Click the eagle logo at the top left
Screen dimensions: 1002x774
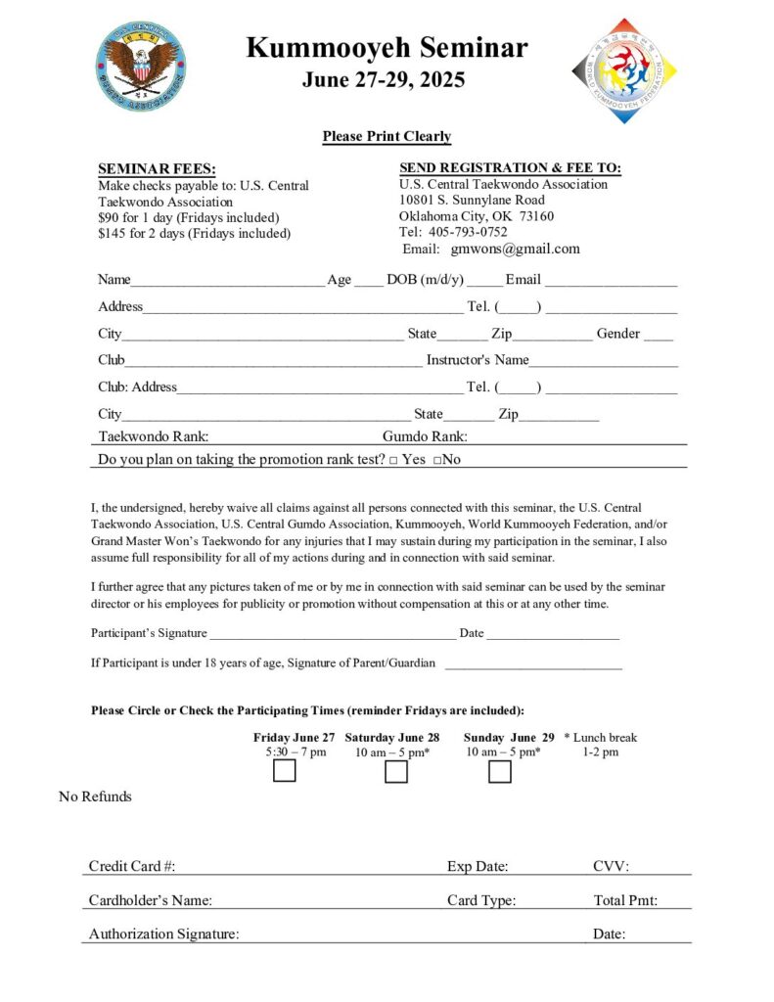point(141,66)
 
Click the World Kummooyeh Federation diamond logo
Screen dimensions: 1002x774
point(624,70)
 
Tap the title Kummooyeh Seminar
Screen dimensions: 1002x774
point(387,47)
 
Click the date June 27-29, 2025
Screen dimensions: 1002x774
point(384,80)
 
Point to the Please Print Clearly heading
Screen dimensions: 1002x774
point(387,137)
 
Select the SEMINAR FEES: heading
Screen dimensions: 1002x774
point(157,169)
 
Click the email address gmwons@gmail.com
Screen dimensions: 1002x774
point(515,249)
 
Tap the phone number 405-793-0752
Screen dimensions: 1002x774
point(468,232)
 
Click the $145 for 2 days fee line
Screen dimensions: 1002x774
point(194,233)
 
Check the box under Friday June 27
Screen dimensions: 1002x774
point(285,771)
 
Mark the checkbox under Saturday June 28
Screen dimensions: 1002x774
point(396,772)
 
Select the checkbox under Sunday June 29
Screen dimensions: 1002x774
point(500,772)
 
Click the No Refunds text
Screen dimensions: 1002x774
point(95,797)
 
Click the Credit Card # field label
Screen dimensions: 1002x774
point(132,866)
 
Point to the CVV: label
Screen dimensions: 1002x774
point(611,866)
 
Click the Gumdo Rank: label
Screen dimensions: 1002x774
point(425,436)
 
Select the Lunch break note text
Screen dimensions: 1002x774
point(601,738)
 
